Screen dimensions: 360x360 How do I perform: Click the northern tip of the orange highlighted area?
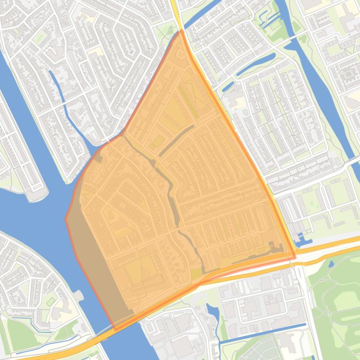(x=181, y=31)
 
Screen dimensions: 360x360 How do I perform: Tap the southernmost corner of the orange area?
(x=115, y=330)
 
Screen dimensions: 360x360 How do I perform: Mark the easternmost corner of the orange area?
(x=295, y=257)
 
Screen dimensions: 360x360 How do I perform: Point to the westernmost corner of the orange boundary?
(x=66, y=218)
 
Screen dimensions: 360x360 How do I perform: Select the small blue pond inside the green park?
(x=332, y=264)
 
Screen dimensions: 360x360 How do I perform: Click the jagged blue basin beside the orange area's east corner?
(x=302, y=242)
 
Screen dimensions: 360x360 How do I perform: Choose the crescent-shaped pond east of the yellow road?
(x=255, y=65)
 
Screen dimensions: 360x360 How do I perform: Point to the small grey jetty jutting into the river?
(x=77, y=295)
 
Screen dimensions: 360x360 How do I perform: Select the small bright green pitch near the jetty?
(x=50, y=301)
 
